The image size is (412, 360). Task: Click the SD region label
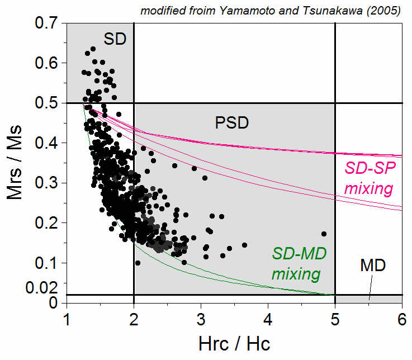(x=115, y=38)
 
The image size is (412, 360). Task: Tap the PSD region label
(x=232, y=122)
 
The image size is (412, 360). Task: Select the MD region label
(x=373, y=265)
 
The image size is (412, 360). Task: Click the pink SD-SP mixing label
(x=368, y=178)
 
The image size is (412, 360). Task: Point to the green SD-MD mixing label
(x=299, y=263)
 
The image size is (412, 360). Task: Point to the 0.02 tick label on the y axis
(x=41, y=288)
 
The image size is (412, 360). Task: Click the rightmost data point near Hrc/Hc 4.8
(x=324, y=234)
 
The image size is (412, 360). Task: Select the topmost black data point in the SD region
(x=93, y=49)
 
